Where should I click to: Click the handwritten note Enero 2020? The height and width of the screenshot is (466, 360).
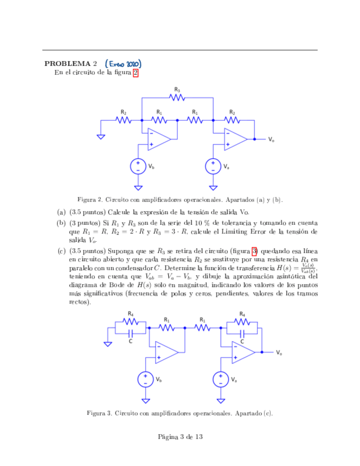(x=128, y=63)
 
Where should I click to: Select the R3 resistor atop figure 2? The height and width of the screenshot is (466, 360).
(x=177, y=98)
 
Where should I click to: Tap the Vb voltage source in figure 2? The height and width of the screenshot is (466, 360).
(x=138, y=166)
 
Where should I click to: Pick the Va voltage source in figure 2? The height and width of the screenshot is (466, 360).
(x=213, y=166)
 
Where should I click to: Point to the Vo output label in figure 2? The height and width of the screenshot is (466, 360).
(x=272, y=140)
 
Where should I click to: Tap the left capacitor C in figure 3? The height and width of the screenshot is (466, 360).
(x=131, y=333)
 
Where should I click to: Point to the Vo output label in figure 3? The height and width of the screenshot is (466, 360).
(x=279, y=352)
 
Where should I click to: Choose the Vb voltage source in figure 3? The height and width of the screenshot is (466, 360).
(x=146, y=379)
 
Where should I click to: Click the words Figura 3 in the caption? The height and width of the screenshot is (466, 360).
(x=97, y=413)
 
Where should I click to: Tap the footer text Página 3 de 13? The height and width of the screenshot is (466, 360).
(x=180, y=437)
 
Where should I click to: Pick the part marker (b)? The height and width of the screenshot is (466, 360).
(x=61, y=223)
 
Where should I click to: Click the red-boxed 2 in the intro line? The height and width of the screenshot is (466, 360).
(x=135, y=73)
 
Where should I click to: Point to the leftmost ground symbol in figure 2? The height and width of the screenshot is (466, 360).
(x=101, y=136)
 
